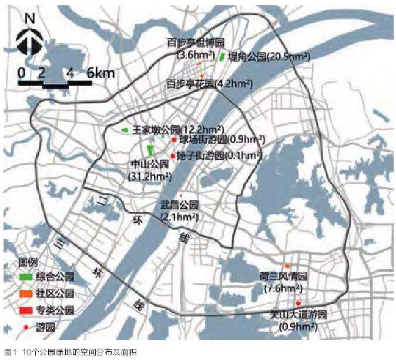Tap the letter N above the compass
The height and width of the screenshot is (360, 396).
point(30,18)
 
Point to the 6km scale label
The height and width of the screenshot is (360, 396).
point(101,74)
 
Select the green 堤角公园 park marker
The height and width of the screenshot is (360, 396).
point(222,57)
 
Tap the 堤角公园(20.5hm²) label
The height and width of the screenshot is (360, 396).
point(269,56)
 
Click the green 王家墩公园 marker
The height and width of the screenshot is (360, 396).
point(125,129)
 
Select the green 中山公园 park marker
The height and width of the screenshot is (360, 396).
point(150,149)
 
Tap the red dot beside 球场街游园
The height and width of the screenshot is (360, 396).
point(174,140)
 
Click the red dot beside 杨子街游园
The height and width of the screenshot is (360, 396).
point(172,155)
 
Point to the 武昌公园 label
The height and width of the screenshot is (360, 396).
point(180,205)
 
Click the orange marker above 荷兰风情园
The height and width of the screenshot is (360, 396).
point(287,266)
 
